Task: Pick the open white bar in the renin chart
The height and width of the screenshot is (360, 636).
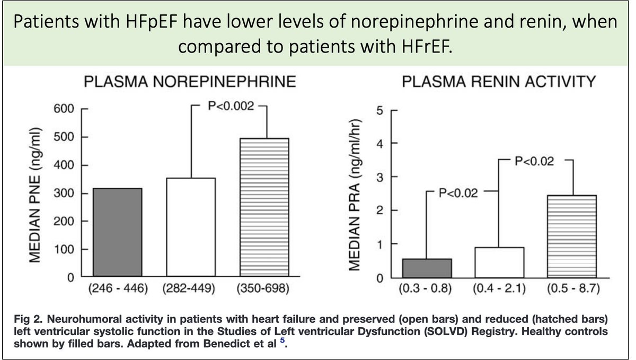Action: (x=499, y=262)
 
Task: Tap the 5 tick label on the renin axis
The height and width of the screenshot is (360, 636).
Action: (x=378, y=110)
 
